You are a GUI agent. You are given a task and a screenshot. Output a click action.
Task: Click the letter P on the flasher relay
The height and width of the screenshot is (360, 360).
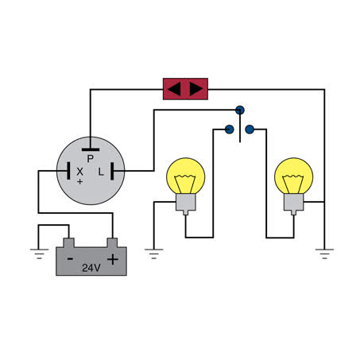tap(91, 159)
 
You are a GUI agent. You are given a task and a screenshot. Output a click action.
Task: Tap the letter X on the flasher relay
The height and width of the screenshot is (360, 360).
tap(79, 172)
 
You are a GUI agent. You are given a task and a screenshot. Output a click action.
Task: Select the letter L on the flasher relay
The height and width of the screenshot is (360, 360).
tap(101, 172)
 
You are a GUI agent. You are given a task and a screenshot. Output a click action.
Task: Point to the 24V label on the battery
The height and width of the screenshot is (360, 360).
tap(91, 268)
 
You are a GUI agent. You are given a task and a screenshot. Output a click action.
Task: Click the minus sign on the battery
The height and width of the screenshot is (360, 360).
tap(70, 258)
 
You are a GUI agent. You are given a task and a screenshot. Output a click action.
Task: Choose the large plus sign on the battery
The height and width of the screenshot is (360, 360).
tap(113, 259)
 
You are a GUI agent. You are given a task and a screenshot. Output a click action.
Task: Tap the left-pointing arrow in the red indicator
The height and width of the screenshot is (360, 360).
tap(174, 89)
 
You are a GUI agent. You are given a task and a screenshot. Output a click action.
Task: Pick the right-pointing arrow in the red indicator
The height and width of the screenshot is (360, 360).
tap(196, 89)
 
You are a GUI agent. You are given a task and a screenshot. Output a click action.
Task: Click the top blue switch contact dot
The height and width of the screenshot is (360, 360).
tap(240, 110)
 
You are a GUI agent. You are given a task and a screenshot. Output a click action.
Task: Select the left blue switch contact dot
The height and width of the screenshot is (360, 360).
tap(230, 130)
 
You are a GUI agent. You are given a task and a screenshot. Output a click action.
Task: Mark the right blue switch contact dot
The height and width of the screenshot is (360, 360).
tap(250, 130)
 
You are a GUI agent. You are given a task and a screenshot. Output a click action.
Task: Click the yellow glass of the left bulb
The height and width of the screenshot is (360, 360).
tap(186, 176)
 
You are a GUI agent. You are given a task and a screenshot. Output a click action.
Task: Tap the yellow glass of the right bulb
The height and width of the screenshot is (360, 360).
tap(294, 176)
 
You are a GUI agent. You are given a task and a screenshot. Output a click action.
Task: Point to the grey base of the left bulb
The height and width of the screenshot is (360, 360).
tap(186, 203)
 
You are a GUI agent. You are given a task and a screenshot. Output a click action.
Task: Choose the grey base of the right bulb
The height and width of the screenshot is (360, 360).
tap(294, 203)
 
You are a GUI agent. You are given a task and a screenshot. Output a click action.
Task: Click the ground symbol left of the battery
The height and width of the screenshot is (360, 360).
tap(39, 254)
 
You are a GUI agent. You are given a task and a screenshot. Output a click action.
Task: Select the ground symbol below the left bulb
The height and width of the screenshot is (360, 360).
tap(154, 254)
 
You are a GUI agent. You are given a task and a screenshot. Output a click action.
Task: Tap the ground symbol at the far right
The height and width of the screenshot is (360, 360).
tap(324, 254)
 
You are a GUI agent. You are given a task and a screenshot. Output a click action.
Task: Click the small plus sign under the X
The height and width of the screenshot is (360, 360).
tap(79, 182)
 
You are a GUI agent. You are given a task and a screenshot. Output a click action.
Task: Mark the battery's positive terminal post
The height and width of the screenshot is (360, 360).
tap(112, 242)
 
